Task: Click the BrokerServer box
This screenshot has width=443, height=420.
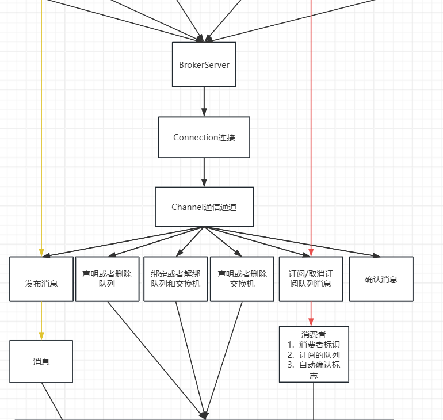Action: click(204, 64)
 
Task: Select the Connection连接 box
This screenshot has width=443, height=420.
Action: click(204, 138)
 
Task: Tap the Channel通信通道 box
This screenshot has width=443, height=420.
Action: click(204, 207)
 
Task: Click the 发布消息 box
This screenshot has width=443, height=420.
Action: click(41, 279)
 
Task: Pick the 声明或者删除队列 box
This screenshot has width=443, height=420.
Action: click(107, 279)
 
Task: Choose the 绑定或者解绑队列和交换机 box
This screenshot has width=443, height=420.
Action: click(175, 279)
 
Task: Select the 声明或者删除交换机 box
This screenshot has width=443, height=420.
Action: click(242, 279)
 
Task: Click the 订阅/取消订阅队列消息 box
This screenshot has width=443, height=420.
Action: click(311, 279)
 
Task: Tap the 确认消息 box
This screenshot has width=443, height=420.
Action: click(381, 279)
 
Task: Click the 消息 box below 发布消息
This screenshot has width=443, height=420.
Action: click(41, 361)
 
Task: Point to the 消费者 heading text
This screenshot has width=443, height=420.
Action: click(314, 334)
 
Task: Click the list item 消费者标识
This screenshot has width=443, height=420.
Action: click(319, 344)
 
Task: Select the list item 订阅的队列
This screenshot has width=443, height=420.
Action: click(319, 354)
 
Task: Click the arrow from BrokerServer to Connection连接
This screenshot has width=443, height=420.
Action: click(204, 102)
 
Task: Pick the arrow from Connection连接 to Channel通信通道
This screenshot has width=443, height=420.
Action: click(204, 172)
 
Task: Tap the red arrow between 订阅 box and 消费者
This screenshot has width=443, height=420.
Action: click(311, 314)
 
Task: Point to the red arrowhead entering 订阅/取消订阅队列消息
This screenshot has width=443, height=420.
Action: click(311, 251)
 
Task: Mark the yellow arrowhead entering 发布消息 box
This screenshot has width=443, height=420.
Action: click(41, 251)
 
